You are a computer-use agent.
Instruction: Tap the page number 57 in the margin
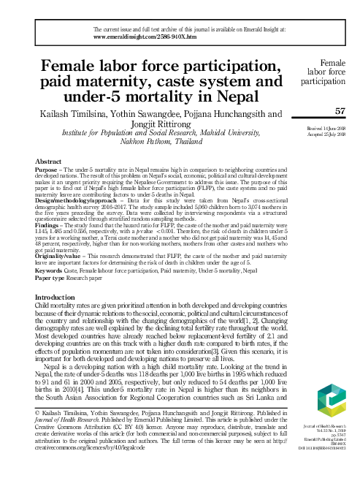click(339, 110)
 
